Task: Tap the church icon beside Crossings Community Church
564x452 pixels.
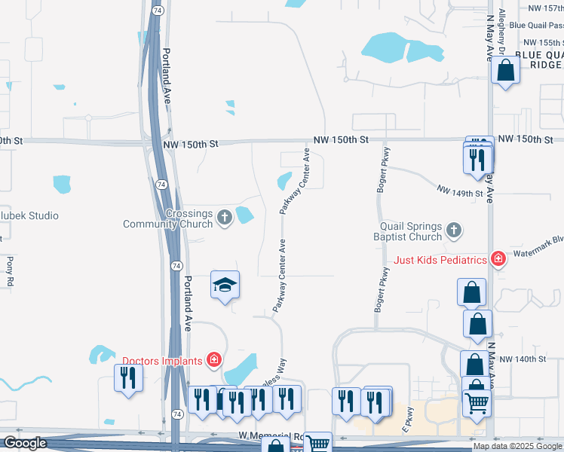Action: pos(224,218)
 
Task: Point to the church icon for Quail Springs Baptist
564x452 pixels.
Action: pos(453,229)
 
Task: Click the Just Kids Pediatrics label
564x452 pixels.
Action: pos(441,261)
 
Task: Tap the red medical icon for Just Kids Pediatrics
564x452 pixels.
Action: pos(497,260)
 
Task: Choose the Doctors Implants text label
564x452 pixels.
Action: pos(164,360)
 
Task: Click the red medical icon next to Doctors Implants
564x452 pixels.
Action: pos(214,360)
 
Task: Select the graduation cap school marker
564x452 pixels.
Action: pos(225,286)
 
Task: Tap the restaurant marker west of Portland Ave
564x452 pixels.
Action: pos(127,377)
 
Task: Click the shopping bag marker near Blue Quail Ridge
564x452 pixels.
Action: pos(505,71)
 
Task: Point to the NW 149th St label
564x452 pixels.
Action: pos(461,194)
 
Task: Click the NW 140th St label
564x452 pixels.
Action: pos(523,359)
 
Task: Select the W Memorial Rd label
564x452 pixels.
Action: pos(270,436)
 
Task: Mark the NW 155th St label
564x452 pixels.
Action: pos(542,43)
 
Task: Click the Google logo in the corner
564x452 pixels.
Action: pos(25,443)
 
